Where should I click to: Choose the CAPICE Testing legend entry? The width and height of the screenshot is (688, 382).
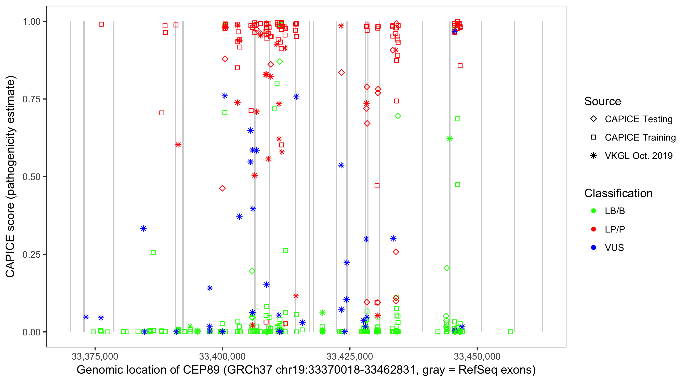(x=638, y=119)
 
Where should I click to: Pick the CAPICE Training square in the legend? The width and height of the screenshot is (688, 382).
(x=594, y=137)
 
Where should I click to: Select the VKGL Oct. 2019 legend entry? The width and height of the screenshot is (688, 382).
(x=638, y=156)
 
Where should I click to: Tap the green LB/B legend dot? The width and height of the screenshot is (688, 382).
(x=594, y=211)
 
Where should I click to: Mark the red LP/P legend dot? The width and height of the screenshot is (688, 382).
(x=594, y=229)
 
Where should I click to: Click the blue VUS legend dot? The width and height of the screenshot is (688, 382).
(x=594, y=248)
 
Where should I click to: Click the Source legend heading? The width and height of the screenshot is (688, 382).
(x=603, y=101)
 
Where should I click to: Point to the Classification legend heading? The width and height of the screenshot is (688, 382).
(x=618, y=193)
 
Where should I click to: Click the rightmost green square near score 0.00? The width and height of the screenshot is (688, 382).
(x=511, y=332)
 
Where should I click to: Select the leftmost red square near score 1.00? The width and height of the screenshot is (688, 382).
(x=101, y=24)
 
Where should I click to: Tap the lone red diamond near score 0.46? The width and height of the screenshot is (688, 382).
(x=222, y=188)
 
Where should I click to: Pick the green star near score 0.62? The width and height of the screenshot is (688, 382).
(x=450, y=139)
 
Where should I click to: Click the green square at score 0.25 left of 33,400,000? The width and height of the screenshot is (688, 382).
(x=153, y=253)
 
